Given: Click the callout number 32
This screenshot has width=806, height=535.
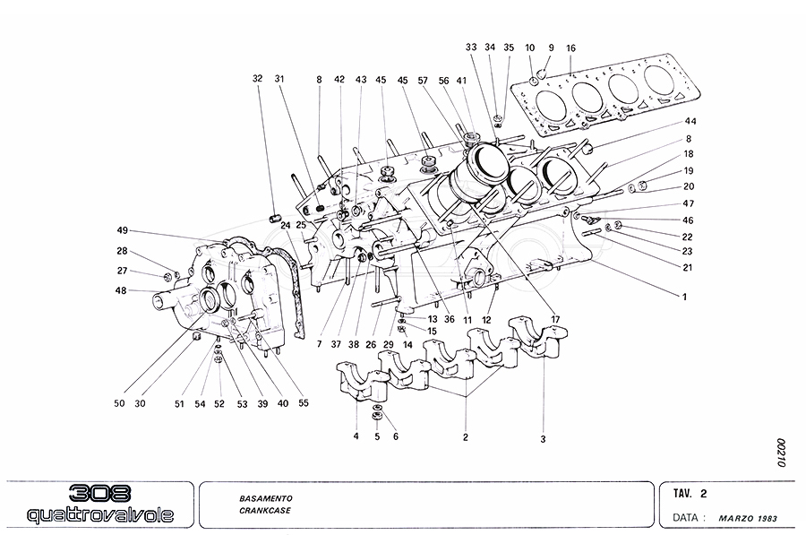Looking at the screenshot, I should [x=258, y=79].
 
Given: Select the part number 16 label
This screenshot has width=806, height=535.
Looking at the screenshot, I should [x=571, y=48].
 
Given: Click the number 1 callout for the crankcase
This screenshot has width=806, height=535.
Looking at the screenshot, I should [x=684, y=296].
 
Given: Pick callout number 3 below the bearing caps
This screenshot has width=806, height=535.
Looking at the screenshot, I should [x=543, y=439].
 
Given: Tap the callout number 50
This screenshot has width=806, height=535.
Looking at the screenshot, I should [x=119, y=403].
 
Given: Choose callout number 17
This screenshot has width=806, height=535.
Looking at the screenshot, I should [x=554, y=320].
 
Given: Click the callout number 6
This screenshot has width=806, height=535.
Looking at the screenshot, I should [x=395, y=436].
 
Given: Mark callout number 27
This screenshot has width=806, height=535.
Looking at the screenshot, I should [x=123, y=271].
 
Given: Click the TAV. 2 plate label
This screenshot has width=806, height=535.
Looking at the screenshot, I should [x=690, y=494].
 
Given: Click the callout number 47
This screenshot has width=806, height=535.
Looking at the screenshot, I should [x=688, y=204].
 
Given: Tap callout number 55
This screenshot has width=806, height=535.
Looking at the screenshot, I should [x=304, y=403].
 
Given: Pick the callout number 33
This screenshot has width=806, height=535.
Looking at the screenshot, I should [x=472, y=47].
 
